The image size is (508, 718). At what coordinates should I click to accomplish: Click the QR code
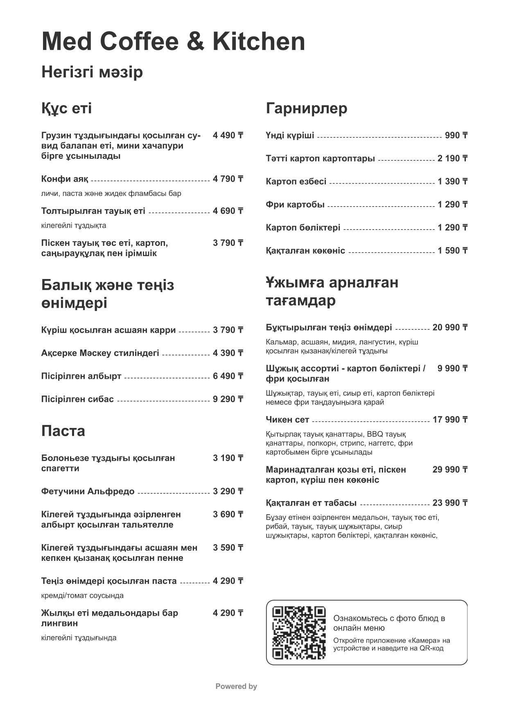tap(299, 632)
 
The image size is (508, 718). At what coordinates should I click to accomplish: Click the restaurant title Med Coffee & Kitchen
tap(173, 42)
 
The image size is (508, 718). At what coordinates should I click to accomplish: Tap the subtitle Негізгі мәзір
tap(92, 72)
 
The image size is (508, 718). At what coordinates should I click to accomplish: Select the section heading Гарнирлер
tap(307, 108)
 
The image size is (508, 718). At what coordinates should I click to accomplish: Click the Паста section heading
tap(63, 431)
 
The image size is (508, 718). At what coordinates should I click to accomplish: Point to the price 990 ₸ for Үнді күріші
tap(456, 135)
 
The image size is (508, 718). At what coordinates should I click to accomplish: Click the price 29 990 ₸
tap(450, 470)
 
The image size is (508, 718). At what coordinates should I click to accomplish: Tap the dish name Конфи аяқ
tap(65, 179)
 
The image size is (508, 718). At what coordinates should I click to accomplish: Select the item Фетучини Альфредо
tap(88, 491)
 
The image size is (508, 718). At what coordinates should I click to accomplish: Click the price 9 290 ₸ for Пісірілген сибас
tap(228, 399)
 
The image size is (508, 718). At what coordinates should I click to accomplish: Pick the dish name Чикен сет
tap(287, 420)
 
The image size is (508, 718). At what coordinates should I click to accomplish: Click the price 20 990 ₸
tap(450, 328)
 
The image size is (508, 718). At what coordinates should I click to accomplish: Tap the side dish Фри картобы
tap(295, 205)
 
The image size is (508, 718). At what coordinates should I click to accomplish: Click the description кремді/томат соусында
tap(82, 596)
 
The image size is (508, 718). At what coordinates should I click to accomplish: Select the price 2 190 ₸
tap(452, 159)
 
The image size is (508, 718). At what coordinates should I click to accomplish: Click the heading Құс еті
tap(66, 108)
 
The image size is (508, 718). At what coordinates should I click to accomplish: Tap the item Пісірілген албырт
tap(81, 376)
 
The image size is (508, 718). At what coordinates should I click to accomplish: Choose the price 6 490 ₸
tap(228, 376)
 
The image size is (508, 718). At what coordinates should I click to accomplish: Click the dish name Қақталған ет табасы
tap(311, 503)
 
